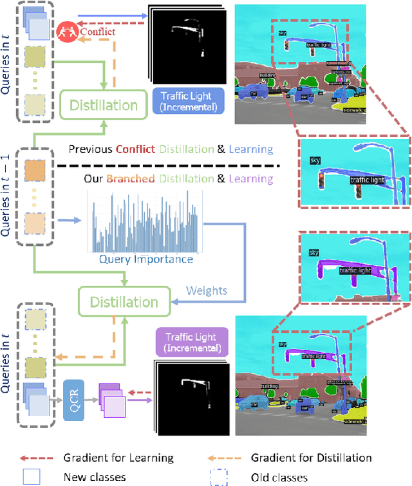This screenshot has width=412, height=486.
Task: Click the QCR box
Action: click(x=73, y=390)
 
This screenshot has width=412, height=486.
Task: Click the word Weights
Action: click(x=206, y=290)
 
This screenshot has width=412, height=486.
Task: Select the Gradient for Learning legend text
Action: click(x=118, y=458)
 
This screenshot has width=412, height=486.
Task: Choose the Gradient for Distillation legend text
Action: click(x=311, y=458)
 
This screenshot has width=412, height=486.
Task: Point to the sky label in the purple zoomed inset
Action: click(x=314, y=253)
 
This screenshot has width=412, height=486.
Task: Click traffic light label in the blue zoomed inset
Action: click(x=367, y=181)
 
